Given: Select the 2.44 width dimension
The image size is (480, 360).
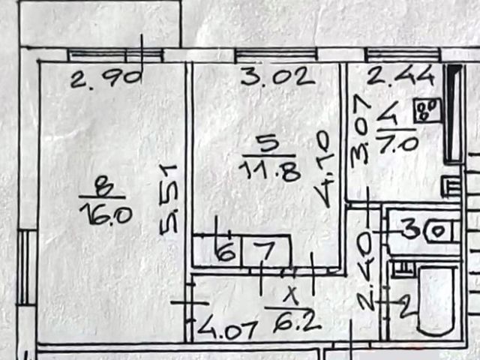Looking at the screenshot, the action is coord(391,76).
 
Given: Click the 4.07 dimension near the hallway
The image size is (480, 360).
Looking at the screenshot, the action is coord(218,328).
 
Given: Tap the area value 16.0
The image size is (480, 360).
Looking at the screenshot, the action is coord(106,216).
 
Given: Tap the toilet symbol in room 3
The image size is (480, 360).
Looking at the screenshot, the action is coord(436,231).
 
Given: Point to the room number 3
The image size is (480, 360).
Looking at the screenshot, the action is coord(410,229).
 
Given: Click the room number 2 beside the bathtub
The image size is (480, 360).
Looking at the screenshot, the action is coord(406,304).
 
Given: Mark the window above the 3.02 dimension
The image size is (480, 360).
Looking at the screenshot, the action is coord(275,54).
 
